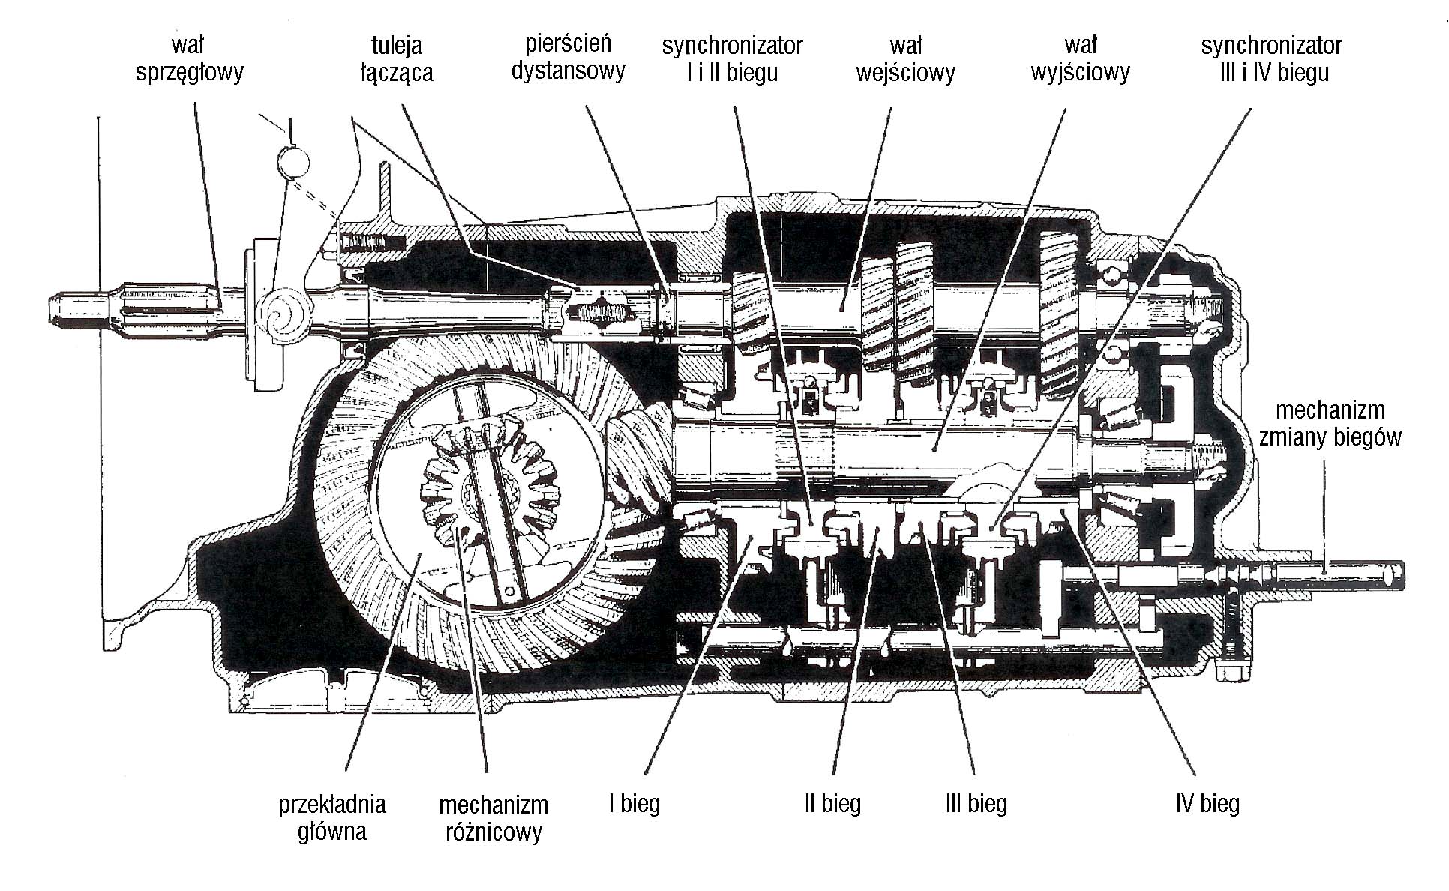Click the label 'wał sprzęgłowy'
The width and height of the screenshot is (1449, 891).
[x=189, y=59]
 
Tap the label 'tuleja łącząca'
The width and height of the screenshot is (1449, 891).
[x=396, y=59]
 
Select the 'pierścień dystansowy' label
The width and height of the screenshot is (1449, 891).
[x=568, y=57]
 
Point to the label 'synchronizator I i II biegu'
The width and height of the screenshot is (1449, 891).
[x=732, y=59]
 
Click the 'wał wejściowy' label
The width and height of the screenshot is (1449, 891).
[x=906, y=59]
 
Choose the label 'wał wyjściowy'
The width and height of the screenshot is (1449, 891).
[x=1080, y=59]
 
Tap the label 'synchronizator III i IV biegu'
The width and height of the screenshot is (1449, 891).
[x=1271, y=59]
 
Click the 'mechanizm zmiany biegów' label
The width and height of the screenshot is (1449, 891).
[x=1330, y=424]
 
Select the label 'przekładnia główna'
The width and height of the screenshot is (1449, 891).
[x=331, y=817]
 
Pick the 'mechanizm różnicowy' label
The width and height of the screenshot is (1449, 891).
[x=493, y=819]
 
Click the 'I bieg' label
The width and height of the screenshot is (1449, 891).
[x=634, y=804]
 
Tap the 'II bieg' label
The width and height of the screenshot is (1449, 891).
[x=832, y=804]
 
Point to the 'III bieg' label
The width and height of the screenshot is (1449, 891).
[x=976, y=804]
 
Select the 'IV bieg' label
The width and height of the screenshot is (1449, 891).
[x=1207, y=804]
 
